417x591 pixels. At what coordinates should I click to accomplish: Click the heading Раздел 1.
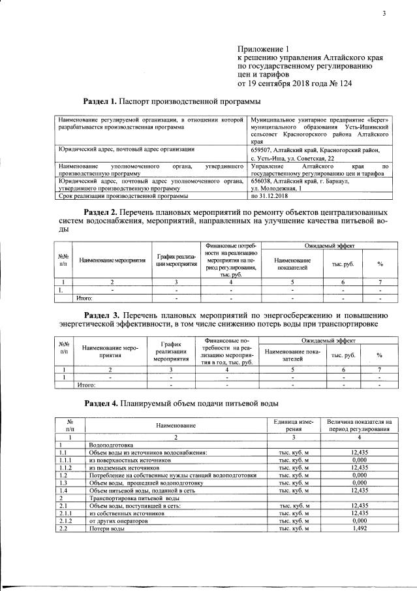[100, 102]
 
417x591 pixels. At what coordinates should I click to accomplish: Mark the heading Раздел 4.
[101, 404]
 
